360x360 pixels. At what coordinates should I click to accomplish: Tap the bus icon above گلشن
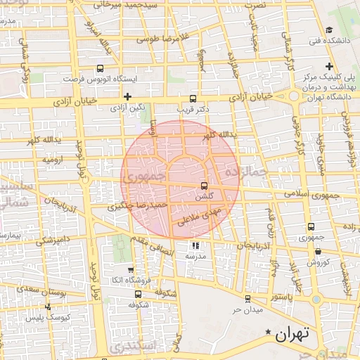coord(204,186)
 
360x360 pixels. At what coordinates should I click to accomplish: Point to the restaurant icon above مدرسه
coord(195,245)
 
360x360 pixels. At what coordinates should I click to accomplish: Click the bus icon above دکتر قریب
coord(193,98)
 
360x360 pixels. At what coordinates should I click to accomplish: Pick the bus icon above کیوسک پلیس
coord(48,307)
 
